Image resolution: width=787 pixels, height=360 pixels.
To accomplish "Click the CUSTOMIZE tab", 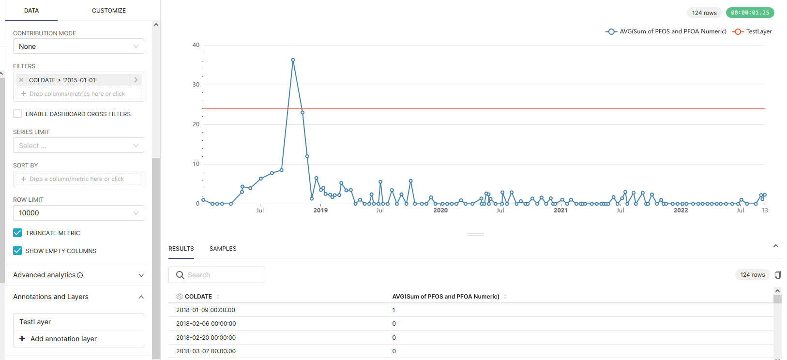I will (108, 11).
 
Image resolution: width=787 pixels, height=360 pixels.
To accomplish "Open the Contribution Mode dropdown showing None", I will (78, 46).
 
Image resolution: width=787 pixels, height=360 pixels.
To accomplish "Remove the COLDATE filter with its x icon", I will (21, 80).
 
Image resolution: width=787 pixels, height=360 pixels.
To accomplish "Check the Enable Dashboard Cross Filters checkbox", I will (18, 114).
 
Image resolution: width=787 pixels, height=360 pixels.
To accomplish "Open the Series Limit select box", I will (78, 146).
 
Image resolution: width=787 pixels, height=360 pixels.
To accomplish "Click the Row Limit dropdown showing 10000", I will (78, 213).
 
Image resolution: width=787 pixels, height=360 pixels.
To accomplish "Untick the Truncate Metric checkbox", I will (18, 233).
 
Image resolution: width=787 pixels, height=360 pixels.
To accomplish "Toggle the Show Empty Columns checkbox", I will (18, 251).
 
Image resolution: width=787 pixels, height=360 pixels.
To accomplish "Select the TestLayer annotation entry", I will (35, 322).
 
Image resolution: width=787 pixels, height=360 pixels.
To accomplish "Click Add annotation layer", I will (63, 339).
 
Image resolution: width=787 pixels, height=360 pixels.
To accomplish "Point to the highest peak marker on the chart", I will (293, 60).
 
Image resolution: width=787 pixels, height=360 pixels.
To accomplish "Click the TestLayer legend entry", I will (753, 31).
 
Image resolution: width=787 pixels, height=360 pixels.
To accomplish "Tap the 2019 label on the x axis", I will (320, 210).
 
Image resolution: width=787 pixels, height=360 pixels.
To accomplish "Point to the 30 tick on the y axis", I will (196, 85).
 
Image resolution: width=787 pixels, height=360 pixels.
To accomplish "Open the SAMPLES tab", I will (223, 249).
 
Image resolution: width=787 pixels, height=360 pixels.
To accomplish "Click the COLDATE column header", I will (198, 297).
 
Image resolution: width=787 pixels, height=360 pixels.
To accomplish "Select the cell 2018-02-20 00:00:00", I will (206, 338).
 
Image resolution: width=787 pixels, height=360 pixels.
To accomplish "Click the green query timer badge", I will (750, 13).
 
